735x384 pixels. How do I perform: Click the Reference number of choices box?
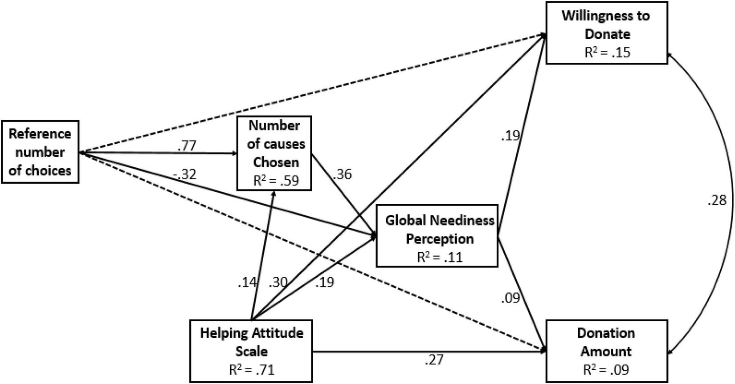40,152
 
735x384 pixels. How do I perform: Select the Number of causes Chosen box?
274,153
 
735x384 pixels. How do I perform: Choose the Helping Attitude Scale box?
252,351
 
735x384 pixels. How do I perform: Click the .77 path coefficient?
187,146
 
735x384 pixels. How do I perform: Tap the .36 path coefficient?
342,174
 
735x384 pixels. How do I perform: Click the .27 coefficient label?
434,360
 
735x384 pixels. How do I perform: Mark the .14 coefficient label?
247,282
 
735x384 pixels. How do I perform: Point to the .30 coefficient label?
278,282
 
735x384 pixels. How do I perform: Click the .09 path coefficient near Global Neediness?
510,298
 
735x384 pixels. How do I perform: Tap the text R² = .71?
252,370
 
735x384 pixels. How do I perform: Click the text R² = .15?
607,52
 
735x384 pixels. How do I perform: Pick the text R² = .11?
440,257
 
